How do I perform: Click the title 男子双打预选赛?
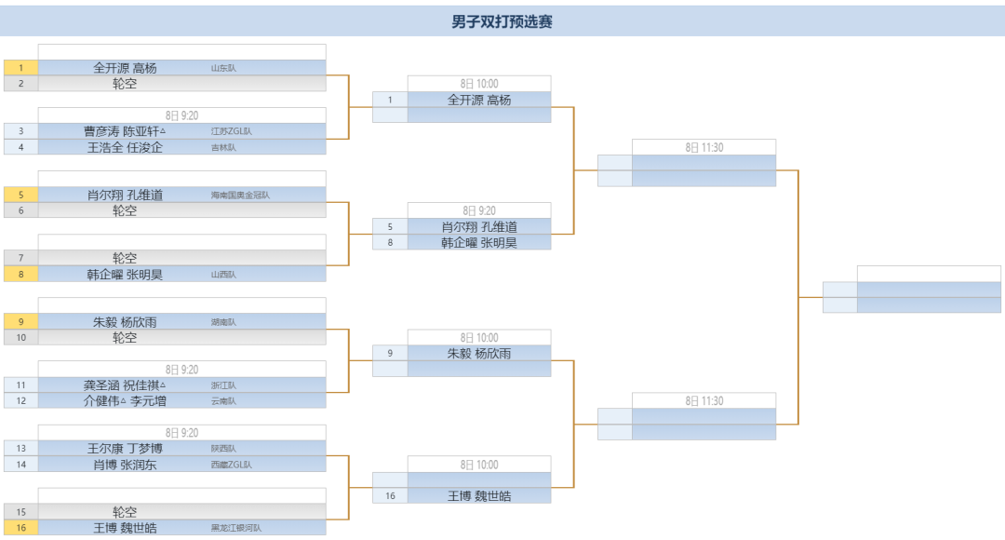pos(502,21)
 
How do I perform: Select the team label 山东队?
pos(223,68)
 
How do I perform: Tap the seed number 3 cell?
pos(20,131)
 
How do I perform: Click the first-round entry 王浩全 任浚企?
pos(125,147)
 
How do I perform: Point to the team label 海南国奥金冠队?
pos(240,196)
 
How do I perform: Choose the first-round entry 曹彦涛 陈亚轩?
pos(125,131)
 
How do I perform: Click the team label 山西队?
pos(223,275)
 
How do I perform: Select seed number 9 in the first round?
pos(20,322)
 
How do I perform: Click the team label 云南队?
pos(223,401)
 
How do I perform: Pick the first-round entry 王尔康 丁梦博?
pos(125,449)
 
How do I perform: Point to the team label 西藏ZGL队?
pos(231,465)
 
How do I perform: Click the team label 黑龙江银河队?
pos(236,528)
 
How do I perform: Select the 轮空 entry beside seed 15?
pos(125,512)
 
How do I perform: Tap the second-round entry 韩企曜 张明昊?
pos(479,243)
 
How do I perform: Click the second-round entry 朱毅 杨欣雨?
pos(479,354)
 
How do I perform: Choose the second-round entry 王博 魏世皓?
pos(479,496)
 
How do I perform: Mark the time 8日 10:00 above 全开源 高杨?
pos(479,84)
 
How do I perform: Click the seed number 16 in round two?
pos(390,496)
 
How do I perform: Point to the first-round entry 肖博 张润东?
pos(125,465)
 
